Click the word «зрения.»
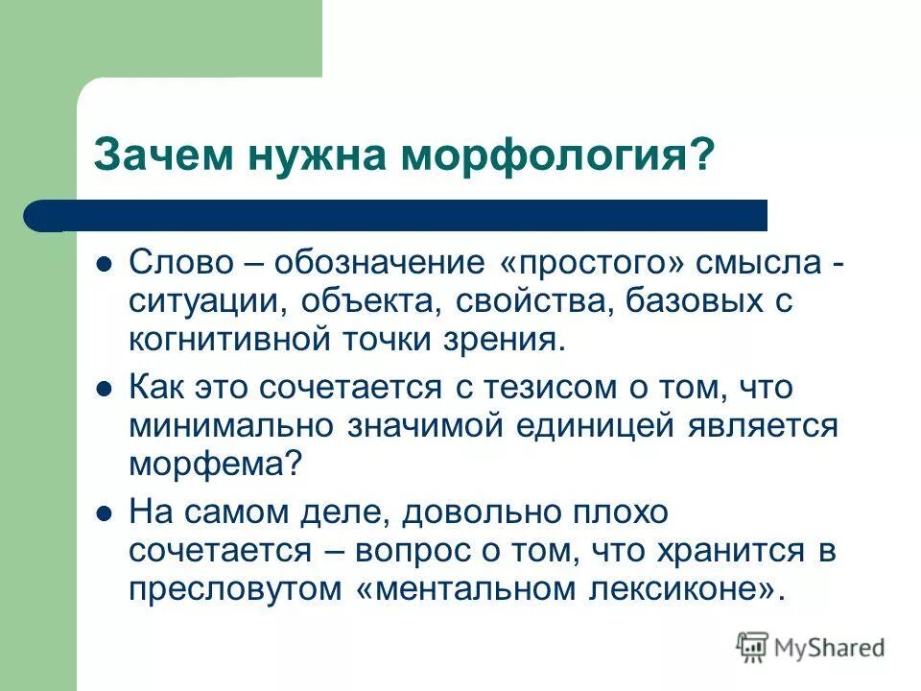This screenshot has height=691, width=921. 505,339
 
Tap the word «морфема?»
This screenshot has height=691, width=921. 216,464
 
